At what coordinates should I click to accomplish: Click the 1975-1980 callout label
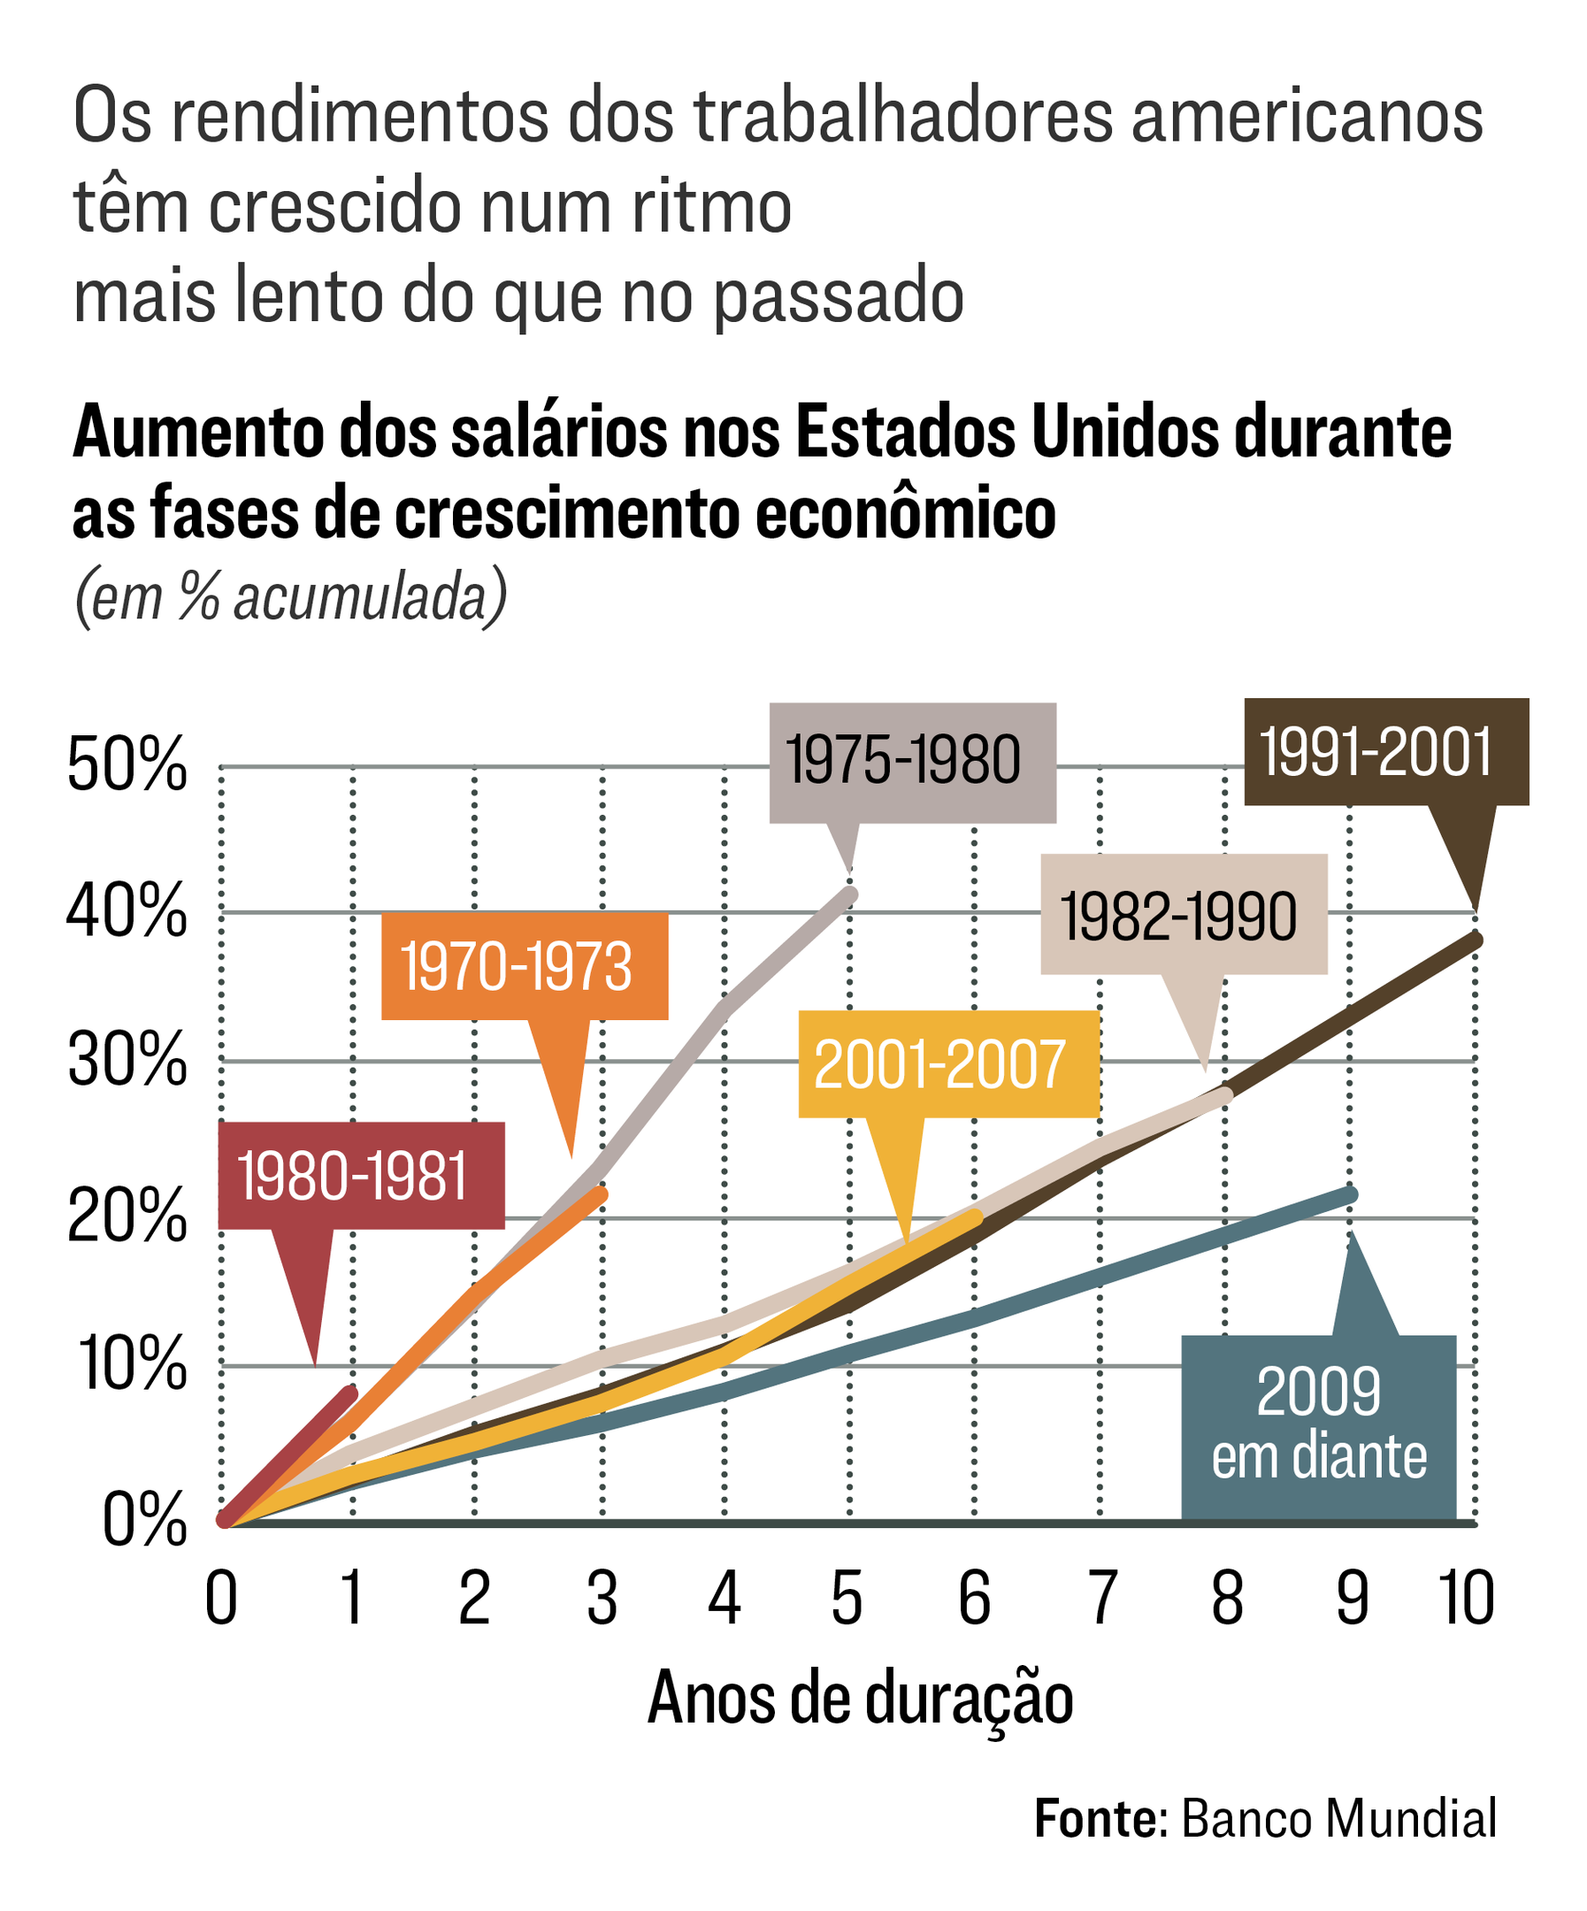point(912,762)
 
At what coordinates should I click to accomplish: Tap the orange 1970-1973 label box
point(525,966)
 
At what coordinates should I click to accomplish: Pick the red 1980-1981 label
point(361,1176)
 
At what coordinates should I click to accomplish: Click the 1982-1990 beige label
point(1183,916)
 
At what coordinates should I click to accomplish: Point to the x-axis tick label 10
point(1466,1600)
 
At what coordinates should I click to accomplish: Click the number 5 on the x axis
point(847,1600)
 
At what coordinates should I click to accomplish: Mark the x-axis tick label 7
point(1101,1600)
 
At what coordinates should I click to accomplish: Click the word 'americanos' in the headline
point(1307,117)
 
